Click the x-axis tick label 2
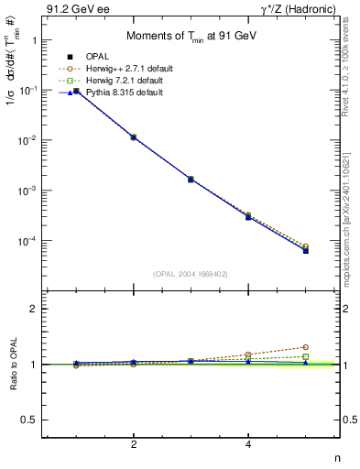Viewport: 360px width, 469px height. tap(134, 445)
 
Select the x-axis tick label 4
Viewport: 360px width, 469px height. tap(248, 445)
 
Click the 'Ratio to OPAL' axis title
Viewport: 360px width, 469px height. tap(10, 364)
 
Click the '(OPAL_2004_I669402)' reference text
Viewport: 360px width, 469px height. tap(190, 273)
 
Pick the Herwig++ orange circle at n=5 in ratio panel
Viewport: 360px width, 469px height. tap(306, 347)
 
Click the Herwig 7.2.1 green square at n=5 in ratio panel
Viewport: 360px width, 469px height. tap(306, 356)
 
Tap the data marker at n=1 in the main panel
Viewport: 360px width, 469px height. tap(76, 91)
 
